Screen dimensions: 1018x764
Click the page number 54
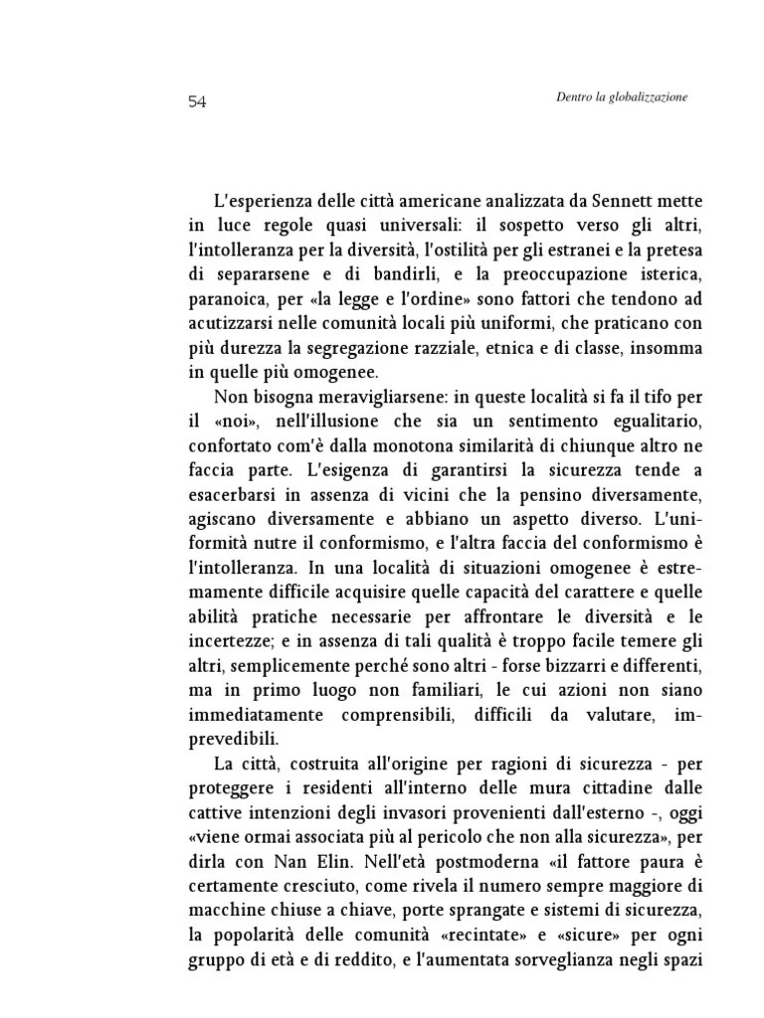(x=196, y=102)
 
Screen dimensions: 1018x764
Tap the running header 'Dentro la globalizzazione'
(x=622, y=97)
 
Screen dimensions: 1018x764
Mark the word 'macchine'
(x=224, y=912)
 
